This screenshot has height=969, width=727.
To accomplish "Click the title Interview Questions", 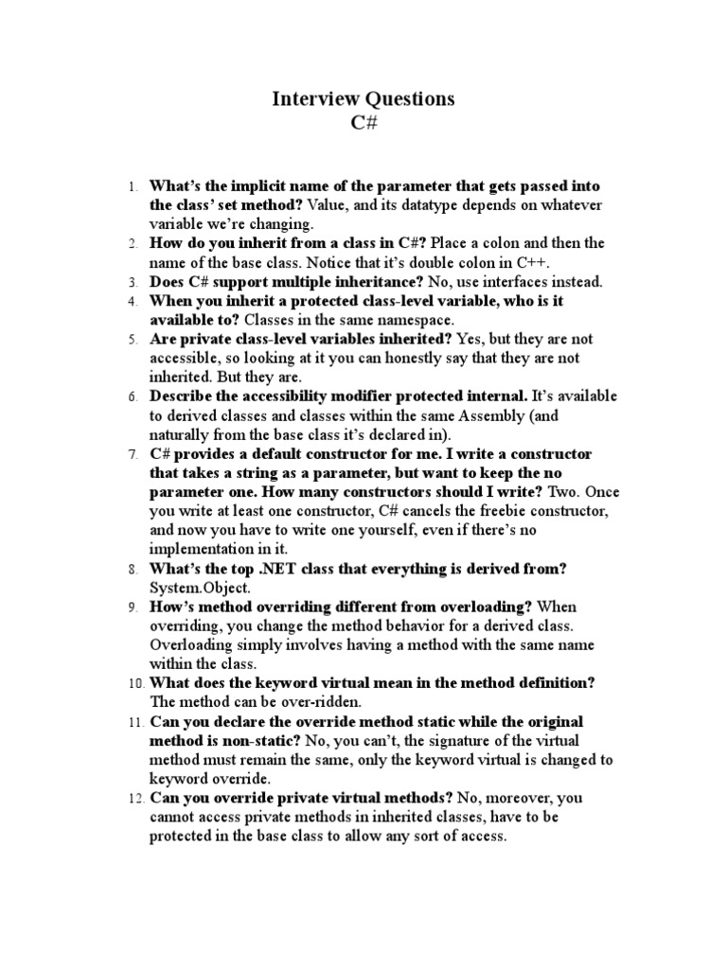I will pos(364,98).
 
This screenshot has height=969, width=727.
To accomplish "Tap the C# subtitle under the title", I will pos(364,123).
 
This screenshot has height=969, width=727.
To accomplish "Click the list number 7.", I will pos(133,454).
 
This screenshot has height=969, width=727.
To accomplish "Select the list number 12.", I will pos(134,799).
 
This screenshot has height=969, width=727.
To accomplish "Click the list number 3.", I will pos(133,282).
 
